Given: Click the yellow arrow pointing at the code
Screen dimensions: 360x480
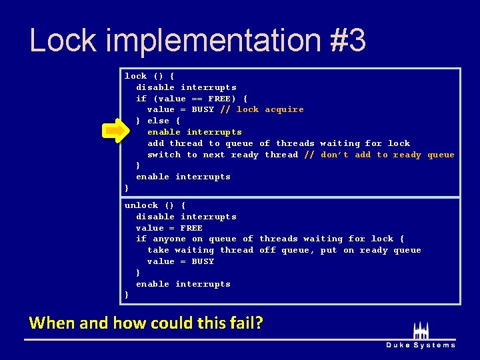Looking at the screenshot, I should pyautogui.click(x=115, y=132).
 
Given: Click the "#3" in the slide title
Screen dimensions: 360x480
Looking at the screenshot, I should pyautogui.click(x=347, y=40).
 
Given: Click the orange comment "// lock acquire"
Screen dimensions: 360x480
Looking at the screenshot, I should pyautogui.click(x=262, y=109).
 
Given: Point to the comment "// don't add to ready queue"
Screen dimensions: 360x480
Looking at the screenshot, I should pyautogui.click(x=379, y=155).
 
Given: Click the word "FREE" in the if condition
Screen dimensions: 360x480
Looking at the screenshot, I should pyautogui.click(x=219, y=99).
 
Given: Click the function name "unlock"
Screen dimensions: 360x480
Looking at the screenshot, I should pyautogui.click(x=141, y=205).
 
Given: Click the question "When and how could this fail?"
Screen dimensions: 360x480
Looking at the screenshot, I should pyautogui.click(x=146, y=323).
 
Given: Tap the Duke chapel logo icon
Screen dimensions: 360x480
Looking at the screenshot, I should pyautogui.click(x=421, y=329).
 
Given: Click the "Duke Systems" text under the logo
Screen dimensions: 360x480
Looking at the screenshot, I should pyautogui.click(x=421, y=345).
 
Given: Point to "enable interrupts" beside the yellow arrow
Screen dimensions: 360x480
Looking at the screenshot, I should pyautogui.click(x=194, y=132).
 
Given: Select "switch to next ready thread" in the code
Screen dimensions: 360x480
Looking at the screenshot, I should pyautogui.click(x=223, y=155).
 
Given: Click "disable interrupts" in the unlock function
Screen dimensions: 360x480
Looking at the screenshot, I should pyautogui.click(x=186, y=217).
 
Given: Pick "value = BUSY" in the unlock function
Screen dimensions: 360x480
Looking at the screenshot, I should pyautogui.click(x=180, y=261).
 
